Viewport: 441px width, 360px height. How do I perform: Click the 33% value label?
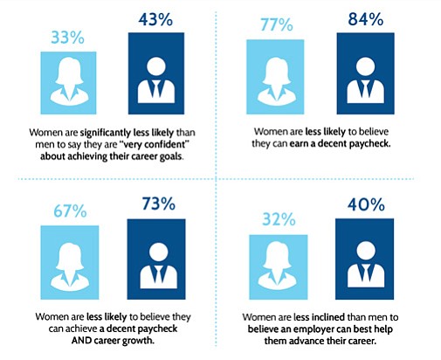click(67, 38)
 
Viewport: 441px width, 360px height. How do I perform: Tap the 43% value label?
click(155, 19)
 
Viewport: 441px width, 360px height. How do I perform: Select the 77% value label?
click(277, 24)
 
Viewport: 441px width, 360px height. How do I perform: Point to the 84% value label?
click(366, 19)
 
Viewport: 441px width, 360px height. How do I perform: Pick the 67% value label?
click(70, 211)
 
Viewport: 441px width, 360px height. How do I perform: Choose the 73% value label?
click(159, 204)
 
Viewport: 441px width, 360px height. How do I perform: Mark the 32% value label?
click(279, 219)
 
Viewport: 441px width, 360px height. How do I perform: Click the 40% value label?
click(366, 204)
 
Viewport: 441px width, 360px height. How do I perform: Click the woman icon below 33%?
click(69, 80)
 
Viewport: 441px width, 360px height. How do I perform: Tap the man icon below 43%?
click(156, 80)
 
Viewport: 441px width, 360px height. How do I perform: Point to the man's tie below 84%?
click(365, 88)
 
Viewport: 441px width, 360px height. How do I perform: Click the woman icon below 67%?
click(70, 267)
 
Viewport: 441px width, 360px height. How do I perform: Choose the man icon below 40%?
click(366, 265)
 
